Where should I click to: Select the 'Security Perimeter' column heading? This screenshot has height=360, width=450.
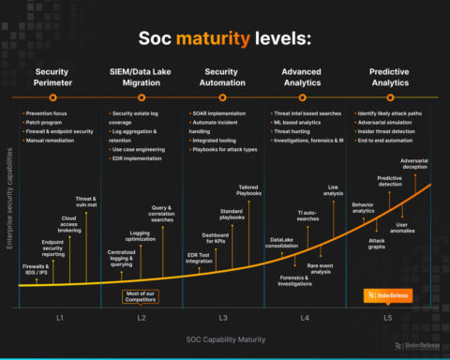(x=58, y=78)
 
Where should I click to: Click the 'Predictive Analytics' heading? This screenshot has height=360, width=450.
(x=387, y=78)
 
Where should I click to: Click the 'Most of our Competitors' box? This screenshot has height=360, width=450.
(x=142, y=297)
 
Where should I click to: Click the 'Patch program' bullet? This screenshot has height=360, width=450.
(x=43, y=123)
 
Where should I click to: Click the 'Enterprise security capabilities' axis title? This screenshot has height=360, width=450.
(x=10, y=207)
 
